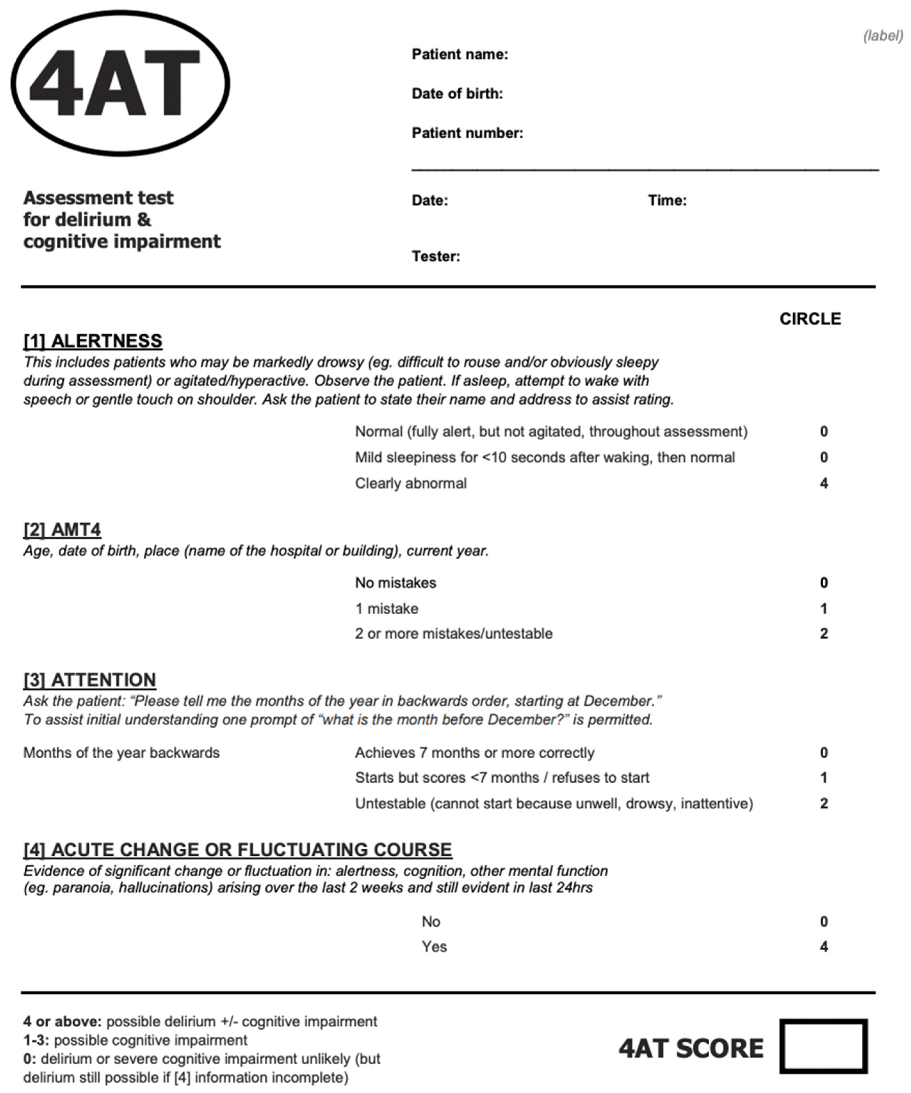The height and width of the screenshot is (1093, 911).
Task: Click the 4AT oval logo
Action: (120, 83)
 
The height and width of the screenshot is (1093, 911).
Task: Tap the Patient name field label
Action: (459, 54)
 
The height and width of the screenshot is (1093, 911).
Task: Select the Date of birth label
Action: (457, 94)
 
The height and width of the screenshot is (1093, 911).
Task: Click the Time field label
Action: (667, 200)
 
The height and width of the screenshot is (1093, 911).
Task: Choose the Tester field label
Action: (435, 257)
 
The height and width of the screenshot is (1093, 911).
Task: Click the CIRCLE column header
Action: (810, 319)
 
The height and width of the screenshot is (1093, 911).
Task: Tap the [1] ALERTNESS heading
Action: (93, 341)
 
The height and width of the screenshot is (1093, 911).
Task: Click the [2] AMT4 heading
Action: (62, 529)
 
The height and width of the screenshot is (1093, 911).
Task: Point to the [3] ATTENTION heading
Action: (90, 680)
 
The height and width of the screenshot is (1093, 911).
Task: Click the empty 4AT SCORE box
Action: (823, 1046)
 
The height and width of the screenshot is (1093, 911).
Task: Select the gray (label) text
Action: (883, 36)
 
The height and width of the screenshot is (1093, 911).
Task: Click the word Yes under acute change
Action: (434, 946)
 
